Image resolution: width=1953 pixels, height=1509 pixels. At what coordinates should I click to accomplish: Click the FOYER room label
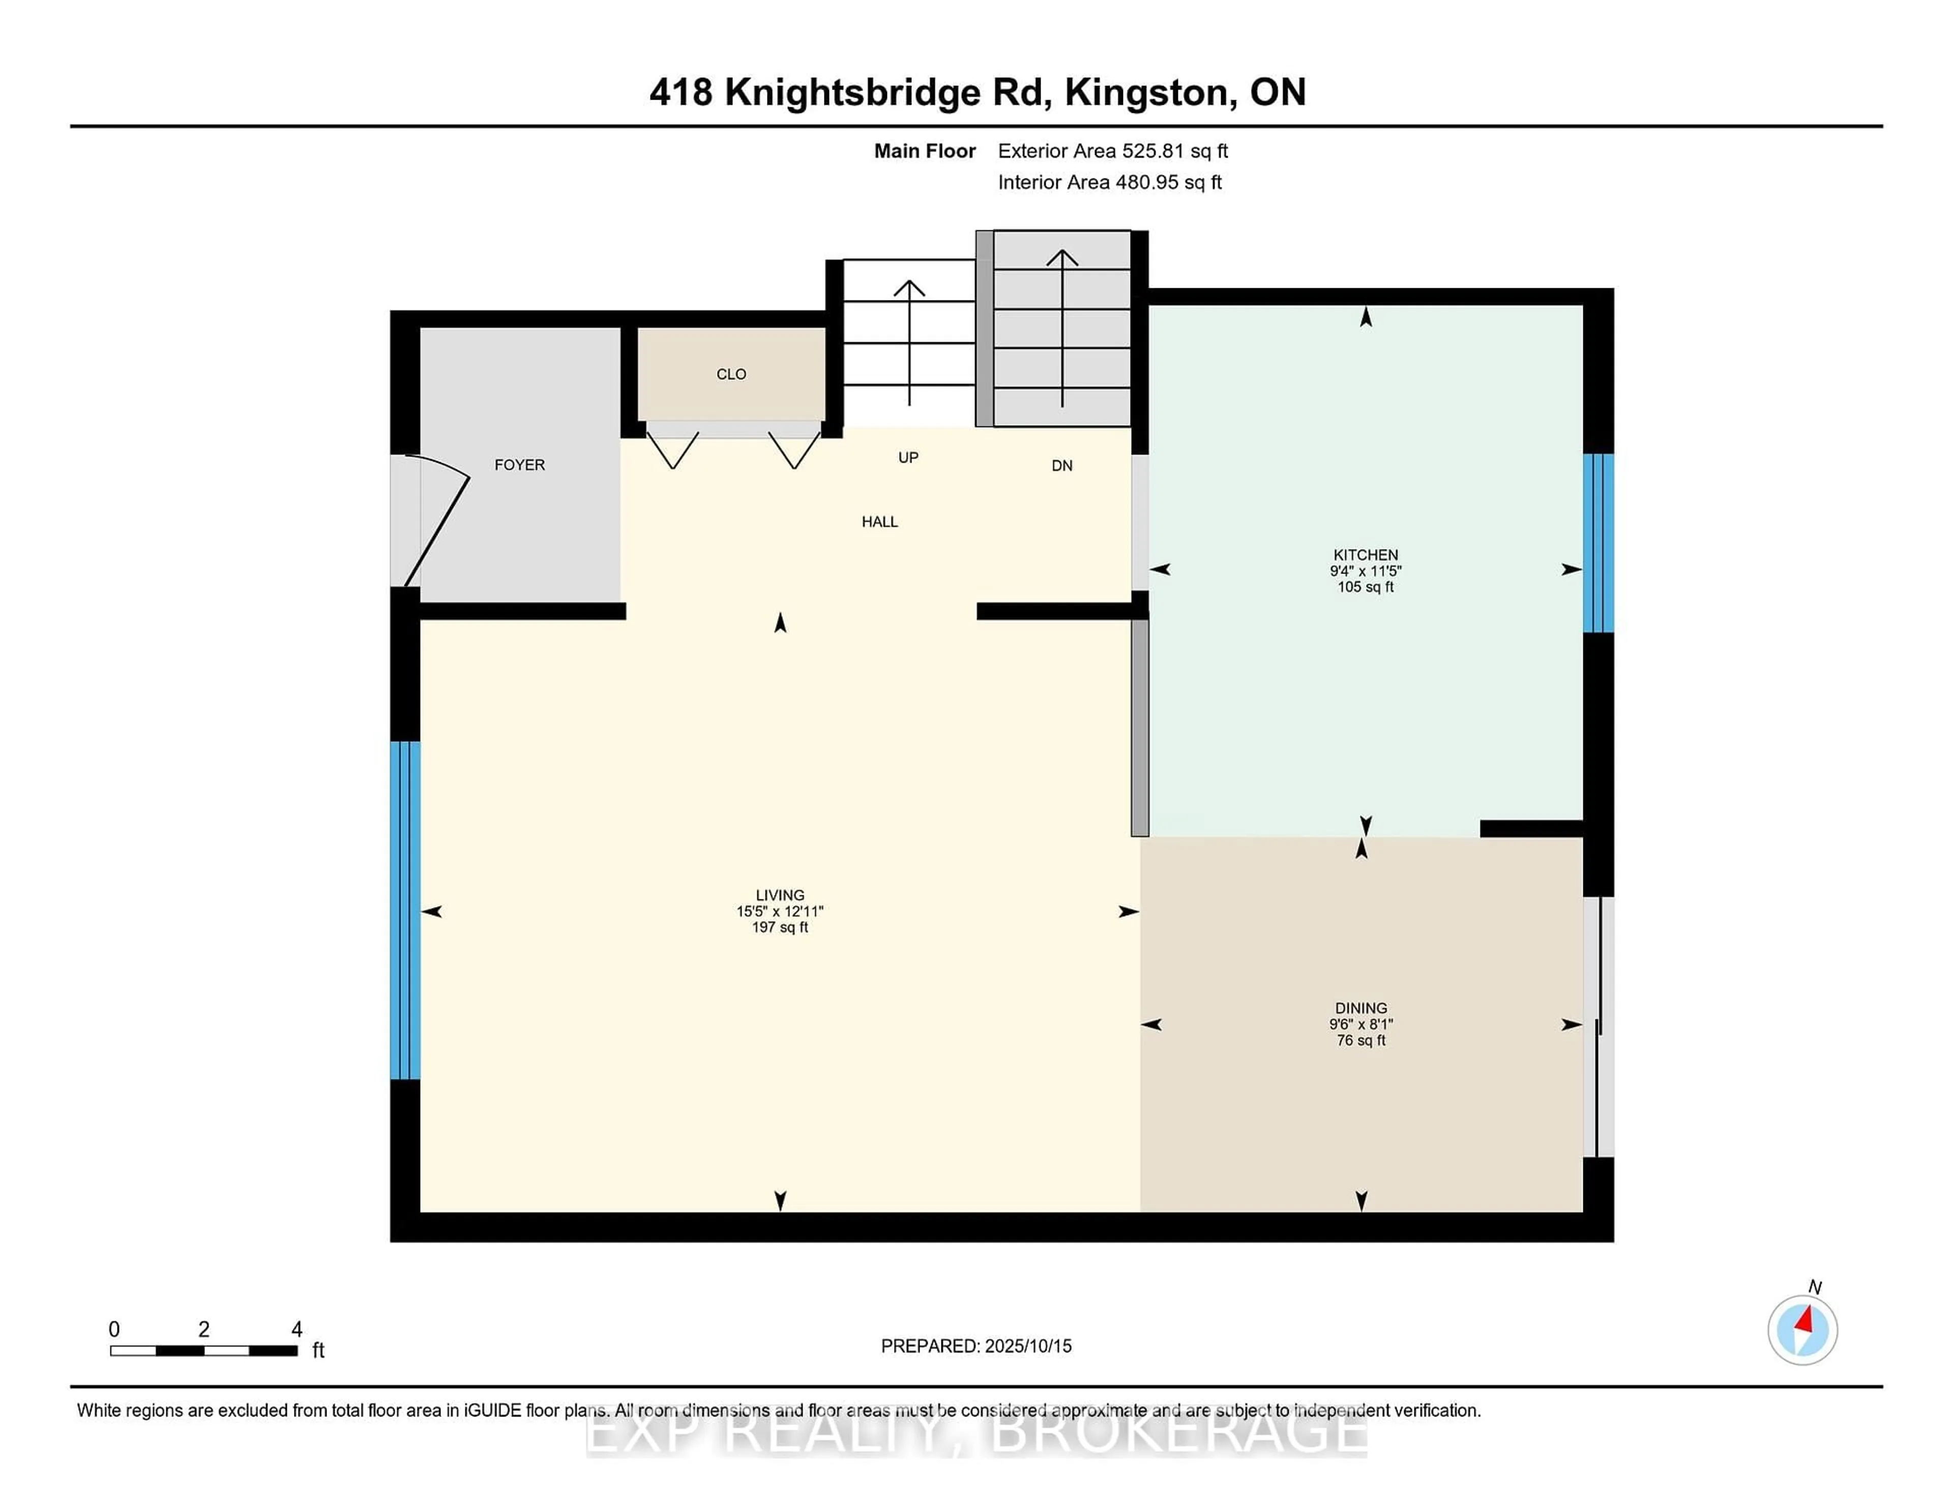point(520,465)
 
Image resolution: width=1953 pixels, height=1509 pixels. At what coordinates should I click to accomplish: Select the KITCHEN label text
point(1366,555)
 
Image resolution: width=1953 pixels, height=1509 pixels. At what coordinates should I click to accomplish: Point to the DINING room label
point(1361,1008)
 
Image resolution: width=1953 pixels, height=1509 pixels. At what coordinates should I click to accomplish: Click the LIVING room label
point(780,895)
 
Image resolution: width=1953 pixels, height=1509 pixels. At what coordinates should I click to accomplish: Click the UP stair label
point(908,458)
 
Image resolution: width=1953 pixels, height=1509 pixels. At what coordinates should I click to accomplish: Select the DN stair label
point(1062,466)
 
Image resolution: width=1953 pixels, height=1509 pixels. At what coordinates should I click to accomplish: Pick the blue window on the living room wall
point(405,910)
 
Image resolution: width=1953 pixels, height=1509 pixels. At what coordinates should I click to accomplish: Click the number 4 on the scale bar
point(297,1330)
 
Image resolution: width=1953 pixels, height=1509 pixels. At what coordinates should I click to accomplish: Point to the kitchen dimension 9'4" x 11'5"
point(1366,571)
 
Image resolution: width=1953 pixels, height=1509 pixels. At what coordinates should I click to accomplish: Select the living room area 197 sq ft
point(780,927)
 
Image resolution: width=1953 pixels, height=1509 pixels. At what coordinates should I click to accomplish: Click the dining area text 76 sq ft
point(1361,1041)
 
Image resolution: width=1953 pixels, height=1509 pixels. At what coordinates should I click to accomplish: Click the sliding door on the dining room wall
point(1599,1027)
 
